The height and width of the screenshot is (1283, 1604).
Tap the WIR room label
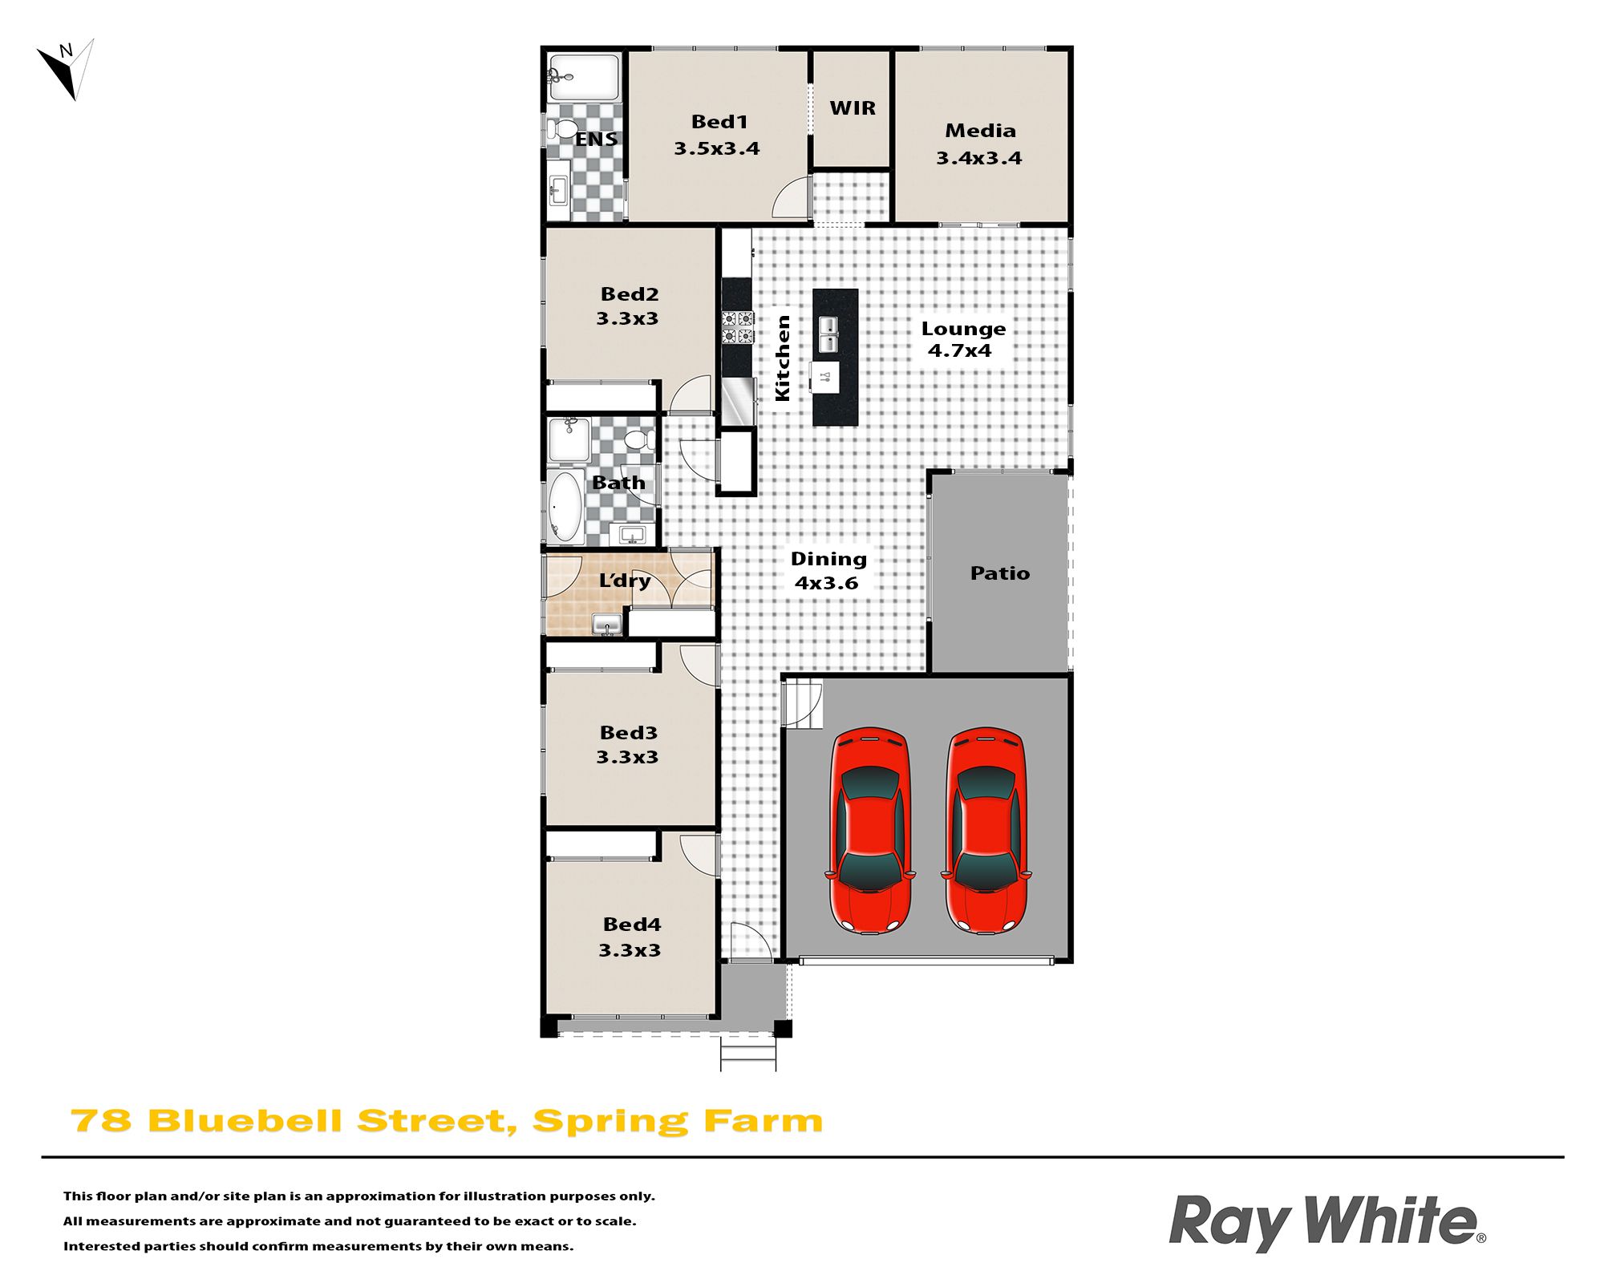(x=853, y=108)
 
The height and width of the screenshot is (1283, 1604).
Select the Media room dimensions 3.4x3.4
(x=979, y=158)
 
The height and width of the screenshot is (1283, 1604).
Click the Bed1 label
(x=719, y=122)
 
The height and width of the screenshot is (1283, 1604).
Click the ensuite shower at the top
(x=585, y=77)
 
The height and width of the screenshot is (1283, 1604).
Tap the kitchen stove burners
(x=738, y=327)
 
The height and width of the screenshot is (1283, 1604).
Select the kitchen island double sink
(x=828, y=334)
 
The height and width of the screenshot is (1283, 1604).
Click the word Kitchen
(x=783, y=358)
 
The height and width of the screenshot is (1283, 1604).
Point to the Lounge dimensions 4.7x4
(x=960, y=350)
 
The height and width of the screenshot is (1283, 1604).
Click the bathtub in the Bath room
(x=565, y=506)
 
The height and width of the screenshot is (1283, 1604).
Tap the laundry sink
(x=607, y=624)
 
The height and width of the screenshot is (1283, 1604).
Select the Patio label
(x=1000, y=573)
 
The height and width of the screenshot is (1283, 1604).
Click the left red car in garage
(x=870, y=831)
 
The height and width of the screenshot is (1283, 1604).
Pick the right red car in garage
(x=986, y=831)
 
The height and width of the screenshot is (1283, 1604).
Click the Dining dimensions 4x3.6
(x=827, y=583)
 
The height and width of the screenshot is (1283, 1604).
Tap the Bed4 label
(x=632, y=925)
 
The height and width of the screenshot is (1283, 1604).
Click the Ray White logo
(x=1327, y=1222)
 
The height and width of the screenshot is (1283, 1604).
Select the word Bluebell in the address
(x=245, y=1121)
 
